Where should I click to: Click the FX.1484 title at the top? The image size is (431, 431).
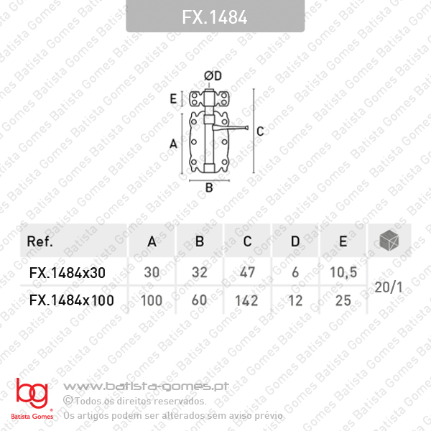coord(215,17)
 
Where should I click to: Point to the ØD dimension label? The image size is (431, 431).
coord(213,76)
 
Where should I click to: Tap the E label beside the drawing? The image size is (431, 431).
coord(173,98)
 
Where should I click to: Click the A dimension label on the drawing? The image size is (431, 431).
coord(173,144)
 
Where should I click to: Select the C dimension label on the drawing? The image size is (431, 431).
coord(260,131)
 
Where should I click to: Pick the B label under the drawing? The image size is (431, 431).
coord(209,187)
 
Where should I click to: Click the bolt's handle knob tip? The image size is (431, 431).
coord(247,128)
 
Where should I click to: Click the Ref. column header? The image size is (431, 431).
coord(40,241)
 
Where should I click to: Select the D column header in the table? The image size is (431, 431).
coord(295,241)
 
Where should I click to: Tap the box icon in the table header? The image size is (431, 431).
coord(389,241)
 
